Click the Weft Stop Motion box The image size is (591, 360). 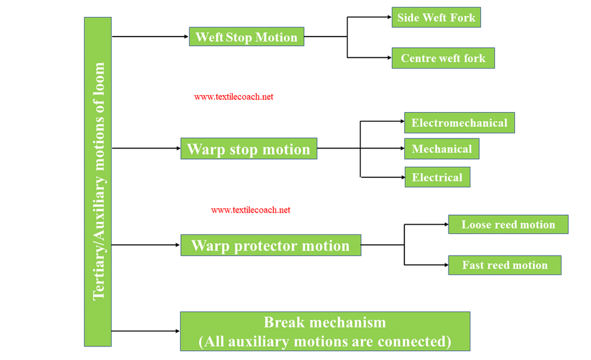[246, 37]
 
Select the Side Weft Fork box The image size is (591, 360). [436, 18]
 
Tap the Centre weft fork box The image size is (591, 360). [443, 58]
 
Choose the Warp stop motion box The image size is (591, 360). [248, 148]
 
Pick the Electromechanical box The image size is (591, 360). [459, 123]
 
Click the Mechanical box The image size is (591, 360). [441, 149]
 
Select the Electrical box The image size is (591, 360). [437, 177]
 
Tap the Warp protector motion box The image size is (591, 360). [270, 245]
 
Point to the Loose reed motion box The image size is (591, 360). [508, 225]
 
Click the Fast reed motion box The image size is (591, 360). [504, 265]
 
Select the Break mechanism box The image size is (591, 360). [325, 332]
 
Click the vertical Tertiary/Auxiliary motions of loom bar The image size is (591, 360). [98, 181]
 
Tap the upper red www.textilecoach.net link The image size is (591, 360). [233, 97]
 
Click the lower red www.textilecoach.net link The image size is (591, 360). [251, 210]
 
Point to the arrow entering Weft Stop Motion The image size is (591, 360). [150, 37]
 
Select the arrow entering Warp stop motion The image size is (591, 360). [146, 148]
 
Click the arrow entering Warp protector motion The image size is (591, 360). [146, 245]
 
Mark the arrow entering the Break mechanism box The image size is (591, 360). [146, 331]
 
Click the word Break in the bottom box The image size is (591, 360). [284, 323]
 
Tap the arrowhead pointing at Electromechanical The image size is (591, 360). [400, 123]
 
